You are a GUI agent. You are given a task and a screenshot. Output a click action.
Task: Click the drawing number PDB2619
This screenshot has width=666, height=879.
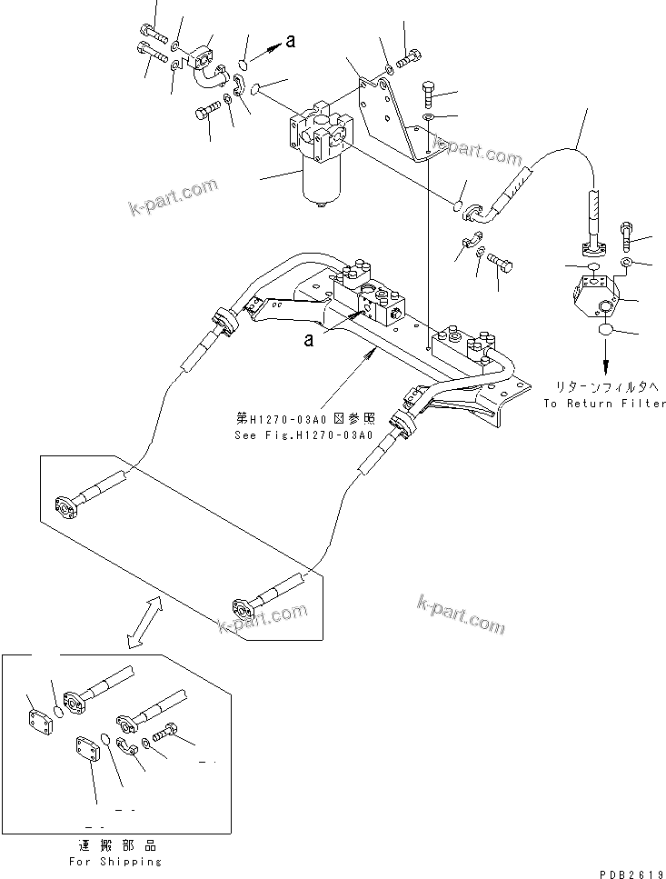[627, 870]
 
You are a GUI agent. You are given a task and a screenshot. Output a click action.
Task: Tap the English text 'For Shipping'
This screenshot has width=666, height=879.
[115, 861]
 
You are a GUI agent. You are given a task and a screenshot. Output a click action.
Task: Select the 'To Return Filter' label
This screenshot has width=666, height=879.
[604, 404]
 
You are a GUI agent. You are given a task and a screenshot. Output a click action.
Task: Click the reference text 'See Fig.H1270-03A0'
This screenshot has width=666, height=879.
[304, 435]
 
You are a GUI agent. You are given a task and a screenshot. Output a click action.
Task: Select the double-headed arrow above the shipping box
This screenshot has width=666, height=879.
[145, 623]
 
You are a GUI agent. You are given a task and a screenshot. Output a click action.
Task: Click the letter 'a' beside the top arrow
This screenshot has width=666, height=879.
[290, 41]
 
